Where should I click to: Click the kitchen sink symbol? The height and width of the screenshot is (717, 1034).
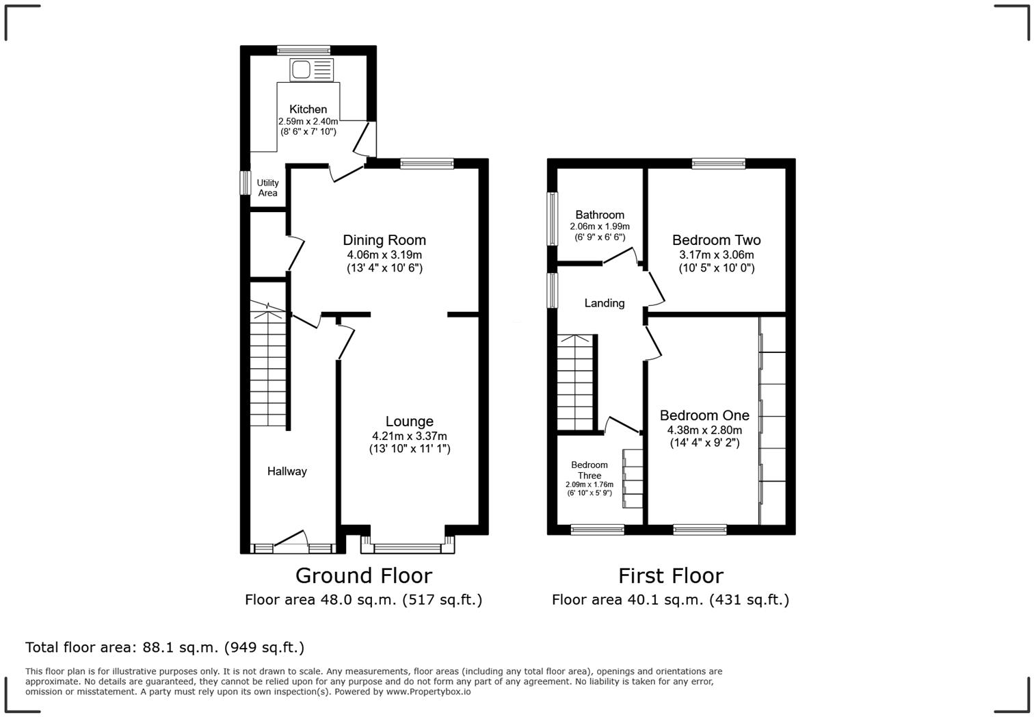tap(312, 70)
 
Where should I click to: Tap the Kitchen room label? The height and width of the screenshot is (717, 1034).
tap(308, 109)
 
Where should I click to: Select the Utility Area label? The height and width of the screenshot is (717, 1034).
tap(267, 187)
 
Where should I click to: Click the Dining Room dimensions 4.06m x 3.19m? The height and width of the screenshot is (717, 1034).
tap(384, 255)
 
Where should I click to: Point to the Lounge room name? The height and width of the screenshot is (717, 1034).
tap(409, 421)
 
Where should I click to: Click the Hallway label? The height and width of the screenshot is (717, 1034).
tap(287, 471)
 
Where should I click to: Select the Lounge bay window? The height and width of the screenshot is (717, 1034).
tap(408, 547)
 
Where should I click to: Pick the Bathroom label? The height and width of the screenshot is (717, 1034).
tap(599, 215)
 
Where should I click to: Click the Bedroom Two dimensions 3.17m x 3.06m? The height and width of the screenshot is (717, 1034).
tap(716, 255)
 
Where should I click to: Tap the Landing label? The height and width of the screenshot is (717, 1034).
tap(604, 303)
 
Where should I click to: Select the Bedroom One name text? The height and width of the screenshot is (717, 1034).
tap(704, 415)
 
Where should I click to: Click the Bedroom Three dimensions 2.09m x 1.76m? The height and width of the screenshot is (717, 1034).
tap(589, 484)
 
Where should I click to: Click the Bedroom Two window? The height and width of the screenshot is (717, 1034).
tap(718, 164)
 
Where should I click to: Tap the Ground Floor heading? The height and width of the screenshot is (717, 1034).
tap(363, 575)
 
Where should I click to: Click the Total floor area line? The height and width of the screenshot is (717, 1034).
tap(165, 647)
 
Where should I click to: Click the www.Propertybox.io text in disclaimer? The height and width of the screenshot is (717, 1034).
tap(428, 692)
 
